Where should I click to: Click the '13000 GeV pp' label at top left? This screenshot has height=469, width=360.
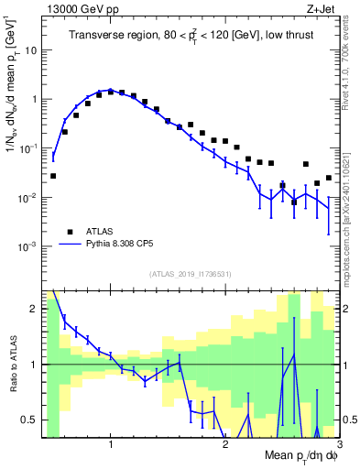[x=80, y=10]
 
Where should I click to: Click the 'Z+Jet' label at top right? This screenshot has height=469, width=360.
[x=321, y=10]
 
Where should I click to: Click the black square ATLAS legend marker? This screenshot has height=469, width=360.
[x=69, y=232]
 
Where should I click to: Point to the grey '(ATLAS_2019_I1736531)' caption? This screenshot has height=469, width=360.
[x=191, y=274]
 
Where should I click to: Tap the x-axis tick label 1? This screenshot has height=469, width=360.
[x=111, y=445]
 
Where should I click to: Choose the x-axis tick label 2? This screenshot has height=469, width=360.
[x=225, y=445]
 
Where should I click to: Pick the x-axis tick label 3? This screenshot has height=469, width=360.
[x=338, y=445]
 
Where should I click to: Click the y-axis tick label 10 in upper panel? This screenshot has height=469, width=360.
[x=33, y=50]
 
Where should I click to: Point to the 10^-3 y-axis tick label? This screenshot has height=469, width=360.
[x=31, y=246]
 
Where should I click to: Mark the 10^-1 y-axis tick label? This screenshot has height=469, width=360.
[x=31, y=148]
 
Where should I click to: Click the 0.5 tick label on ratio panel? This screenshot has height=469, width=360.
[x=32, y=420]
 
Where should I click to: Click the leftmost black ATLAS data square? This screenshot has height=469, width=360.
[x=53, y=175]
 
